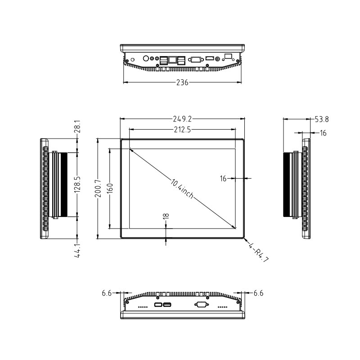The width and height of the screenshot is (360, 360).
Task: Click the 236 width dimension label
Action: [182, 82]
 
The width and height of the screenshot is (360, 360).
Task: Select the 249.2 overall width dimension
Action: [182, 119]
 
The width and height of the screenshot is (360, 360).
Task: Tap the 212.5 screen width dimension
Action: [182, 130]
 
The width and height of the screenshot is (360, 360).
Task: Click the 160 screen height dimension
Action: [109, 189]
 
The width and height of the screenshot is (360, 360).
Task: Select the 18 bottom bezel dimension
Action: [166, 216]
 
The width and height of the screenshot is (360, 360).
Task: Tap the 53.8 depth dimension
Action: [321, 119]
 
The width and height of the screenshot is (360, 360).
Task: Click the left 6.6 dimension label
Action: [107, 293]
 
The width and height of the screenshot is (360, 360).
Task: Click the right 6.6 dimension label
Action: [258, 293]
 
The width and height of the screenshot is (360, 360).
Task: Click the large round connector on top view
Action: [146, 58]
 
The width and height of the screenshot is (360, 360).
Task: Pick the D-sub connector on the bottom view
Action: [201, 305]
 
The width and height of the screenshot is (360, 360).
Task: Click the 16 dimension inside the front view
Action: [224, 178]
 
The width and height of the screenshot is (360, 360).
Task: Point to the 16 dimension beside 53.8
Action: [323, 133]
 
